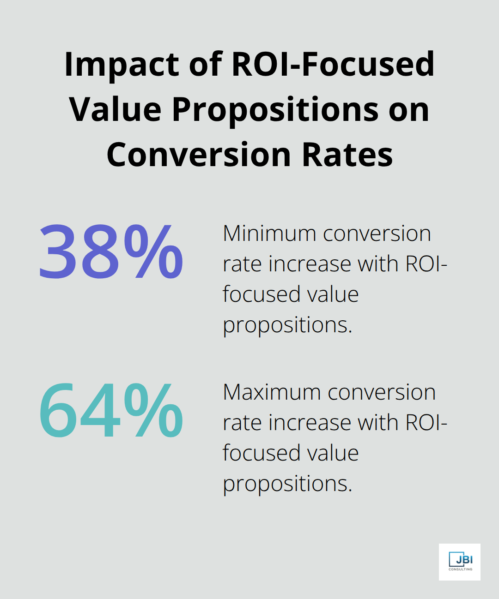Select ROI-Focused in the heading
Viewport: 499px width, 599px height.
click(333, 64)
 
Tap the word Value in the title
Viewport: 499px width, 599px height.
click(116, 109)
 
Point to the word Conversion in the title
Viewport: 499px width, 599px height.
click(199, 155)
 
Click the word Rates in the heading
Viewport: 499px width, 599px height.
click(347, 155)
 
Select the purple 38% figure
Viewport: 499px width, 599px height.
click(111, 252)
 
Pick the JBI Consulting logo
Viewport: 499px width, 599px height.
click(460, 562)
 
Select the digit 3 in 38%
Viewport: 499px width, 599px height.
click(57, 252)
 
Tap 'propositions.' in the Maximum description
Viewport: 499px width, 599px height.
click(287, 484)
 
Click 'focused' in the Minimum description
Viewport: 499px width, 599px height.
click(252, 294)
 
